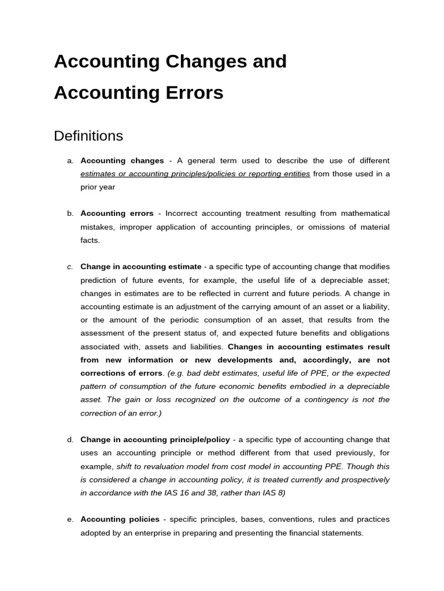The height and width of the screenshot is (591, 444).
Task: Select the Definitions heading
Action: coord(88,136)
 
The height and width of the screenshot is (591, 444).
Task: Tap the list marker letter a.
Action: coord(70,160)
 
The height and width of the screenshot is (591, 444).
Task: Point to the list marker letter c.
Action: coord(70,267)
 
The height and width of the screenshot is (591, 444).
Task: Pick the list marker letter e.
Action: coord(70,519)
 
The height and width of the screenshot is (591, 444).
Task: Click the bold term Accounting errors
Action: coord(117,214)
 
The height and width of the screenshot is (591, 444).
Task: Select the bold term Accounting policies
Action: coord(120,519)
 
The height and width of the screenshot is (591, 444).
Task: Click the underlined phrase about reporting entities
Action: coord(195,174)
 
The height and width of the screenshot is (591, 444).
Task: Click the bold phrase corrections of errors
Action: coord(121,373)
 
